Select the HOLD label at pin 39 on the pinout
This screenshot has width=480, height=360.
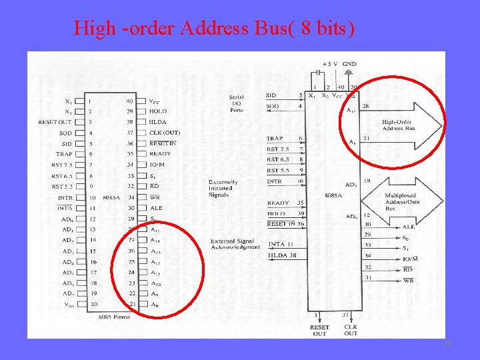click(x=159, y=111)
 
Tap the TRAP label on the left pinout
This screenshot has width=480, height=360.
click(x=64, y=154)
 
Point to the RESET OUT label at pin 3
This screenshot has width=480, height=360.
click(x=55, y=122)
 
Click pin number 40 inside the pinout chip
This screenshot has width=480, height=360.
click(x=129, y=101)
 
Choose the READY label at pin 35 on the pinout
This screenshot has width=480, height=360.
click(x=160, y=153)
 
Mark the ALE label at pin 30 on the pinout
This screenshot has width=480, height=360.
click(x=156, y=207)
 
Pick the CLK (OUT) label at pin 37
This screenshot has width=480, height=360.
click(x=164, y=133)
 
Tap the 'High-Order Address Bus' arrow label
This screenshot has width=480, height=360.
click(x=399, y=125)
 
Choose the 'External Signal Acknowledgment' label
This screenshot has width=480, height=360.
click(x=235, y=244)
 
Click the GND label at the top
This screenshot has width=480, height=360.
click(x=349, y=64)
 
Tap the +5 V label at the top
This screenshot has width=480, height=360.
click(x=329, y=64)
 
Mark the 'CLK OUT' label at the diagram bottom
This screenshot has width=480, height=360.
click(x=351, y=330)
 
